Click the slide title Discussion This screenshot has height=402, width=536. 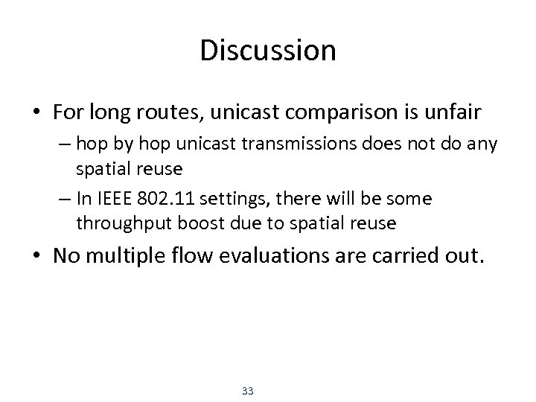click(x=268, y=51)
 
